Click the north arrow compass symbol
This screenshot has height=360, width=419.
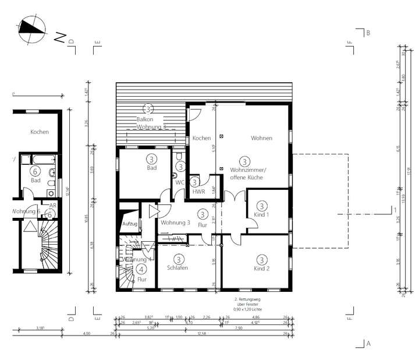pos(32,29)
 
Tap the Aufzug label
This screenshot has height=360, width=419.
pos(129,223)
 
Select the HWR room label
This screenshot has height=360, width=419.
pos(198,192)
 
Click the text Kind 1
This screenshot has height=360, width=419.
pos(262,214)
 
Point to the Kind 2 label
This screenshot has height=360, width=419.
pos(262,269)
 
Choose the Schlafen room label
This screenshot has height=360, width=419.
pos(177,269)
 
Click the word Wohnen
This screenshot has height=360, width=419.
pos(261,138)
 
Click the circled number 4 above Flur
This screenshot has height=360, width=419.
pos(141,269)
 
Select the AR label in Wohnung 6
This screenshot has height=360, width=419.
pos(52,206)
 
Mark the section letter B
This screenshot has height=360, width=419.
pos(368,33)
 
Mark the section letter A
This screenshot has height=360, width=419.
pos(368,344)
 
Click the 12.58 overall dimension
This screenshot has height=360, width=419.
pos(202,334)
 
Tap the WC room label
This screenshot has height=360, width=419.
pos(180,182)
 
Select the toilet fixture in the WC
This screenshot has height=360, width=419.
pos(179,156)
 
